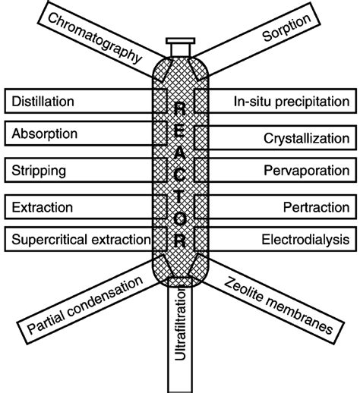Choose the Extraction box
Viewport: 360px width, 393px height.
(x=43, y=206)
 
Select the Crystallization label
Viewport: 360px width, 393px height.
(x=307, y=138)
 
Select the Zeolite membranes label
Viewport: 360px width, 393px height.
(x=279, y=305)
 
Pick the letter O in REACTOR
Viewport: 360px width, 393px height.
(x=179, y=221)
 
